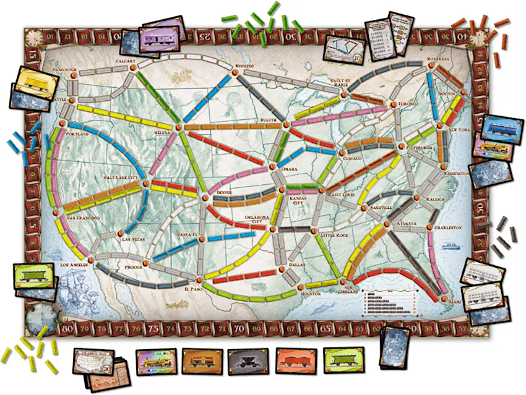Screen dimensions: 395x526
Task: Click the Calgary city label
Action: pos(126,61)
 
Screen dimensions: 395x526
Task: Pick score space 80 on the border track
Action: pos(70,327)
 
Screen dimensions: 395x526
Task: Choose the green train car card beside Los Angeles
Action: pos(32,276)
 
